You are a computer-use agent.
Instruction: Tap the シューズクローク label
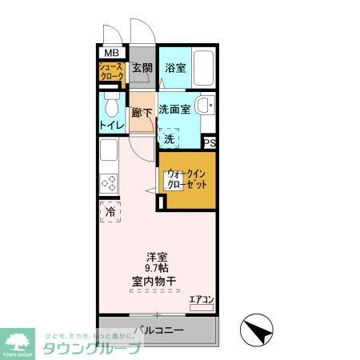tap(111, 71)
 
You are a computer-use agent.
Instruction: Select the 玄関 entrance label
tap(142, 68)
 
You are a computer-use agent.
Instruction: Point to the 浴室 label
tap(175, 68)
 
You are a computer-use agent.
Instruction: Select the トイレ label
tap(110, 126)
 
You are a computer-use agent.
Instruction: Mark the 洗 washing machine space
tap(169, 139)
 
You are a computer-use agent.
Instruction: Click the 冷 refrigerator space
tap(110, 213)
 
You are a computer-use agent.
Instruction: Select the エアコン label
tap(200, 300)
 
